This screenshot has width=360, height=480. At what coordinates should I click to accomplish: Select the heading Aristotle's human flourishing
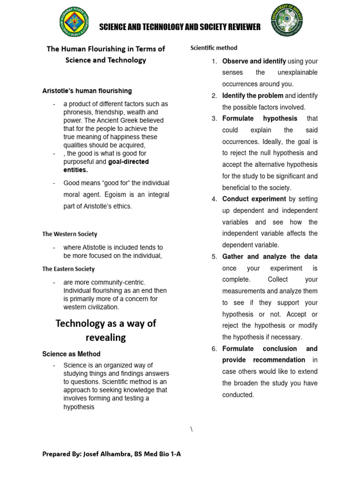click(x=87, y=91)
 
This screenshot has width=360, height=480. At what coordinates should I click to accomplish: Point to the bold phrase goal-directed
click(x=128, y=162)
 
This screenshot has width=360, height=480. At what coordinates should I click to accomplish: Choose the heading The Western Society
click(x=70, y=234)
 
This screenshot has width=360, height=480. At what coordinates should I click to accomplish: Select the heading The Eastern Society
click(x=68, y=269)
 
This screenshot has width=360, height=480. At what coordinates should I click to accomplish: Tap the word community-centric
click(x=115, y=282)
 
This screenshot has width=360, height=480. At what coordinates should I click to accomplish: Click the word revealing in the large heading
click(x=105, y=338)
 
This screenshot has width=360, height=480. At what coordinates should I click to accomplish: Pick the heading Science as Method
click(x=71, y=354)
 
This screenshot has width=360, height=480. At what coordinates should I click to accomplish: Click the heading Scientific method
click(x=214, y=48)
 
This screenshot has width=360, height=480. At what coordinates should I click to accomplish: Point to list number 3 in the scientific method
click(x=214, y=119)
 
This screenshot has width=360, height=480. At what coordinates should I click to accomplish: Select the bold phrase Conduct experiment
click(x=254, y=199)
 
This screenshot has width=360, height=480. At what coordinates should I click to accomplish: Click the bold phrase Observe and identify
click(x=254, y=61)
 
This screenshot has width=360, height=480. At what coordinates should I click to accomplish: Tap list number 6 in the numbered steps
click(x=214, y=349)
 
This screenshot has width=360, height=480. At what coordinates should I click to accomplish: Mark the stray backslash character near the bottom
click(x=192, y=430)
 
